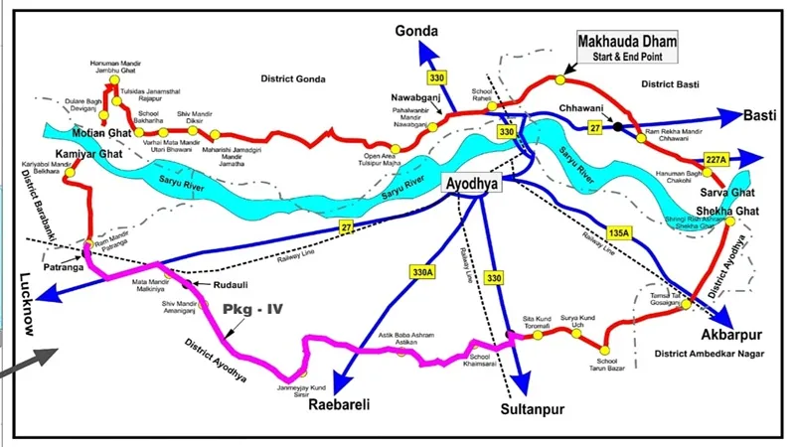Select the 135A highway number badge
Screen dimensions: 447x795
coord(619,234)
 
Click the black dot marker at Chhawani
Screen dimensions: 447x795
coord(618,126)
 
